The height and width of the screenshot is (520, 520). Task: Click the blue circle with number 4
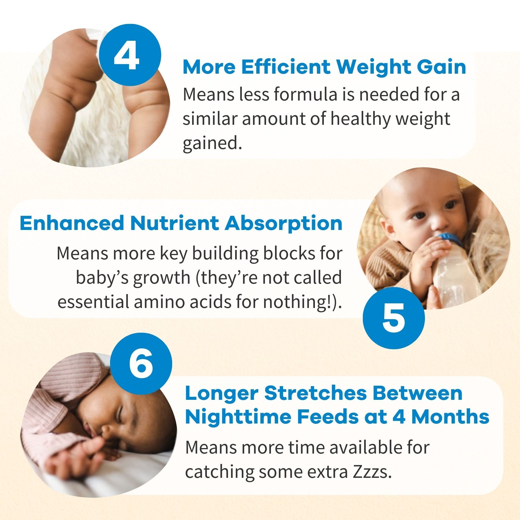[x=130, y=55]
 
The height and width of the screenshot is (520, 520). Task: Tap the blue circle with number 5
[x=393, y=318]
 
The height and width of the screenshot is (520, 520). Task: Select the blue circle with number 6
[x=141, y=363]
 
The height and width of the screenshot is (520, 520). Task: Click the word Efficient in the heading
[x=286, y=67]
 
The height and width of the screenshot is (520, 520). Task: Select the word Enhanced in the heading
[x=72, y=223]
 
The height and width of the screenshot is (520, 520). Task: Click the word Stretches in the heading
[x=315, y=393]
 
